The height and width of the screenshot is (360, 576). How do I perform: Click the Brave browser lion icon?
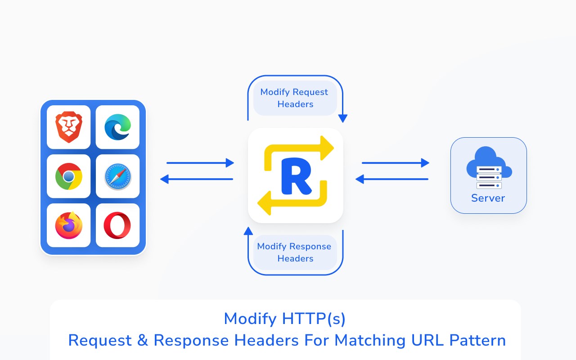69,127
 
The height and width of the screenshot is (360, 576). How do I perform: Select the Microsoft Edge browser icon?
117,127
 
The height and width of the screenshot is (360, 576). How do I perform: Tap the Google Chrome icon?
69,176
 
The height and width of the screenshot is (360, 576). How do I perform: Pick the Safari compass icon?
117,176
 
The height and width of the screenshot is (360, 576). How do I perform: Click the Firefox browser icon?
69,225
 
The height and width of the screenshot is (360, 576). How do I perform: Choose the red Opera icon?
117,225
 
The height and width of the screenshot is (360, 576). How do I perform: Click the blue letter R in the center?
296,176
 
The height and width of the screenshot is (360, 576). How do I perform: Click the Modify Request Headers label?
295,98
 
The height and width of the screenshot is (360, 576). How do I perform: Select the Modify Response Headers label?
295,252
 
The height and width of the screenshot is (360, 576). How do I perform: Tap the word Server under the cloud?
488,198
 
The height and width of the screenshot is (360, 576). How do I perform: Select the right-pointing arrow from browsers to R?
200,163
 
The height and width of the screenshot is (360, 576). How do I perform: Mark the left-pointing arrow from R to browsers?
197,179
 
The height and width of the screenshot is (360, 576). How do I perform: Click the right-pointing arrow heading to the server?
396,163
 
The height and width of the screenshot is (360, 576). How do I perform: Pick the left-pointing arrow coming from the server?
392,179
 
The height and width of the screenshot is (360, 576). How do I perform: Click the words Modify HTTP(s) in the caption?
285,319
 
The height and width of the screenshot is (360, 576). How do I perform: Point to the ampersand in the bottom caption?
142,340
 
